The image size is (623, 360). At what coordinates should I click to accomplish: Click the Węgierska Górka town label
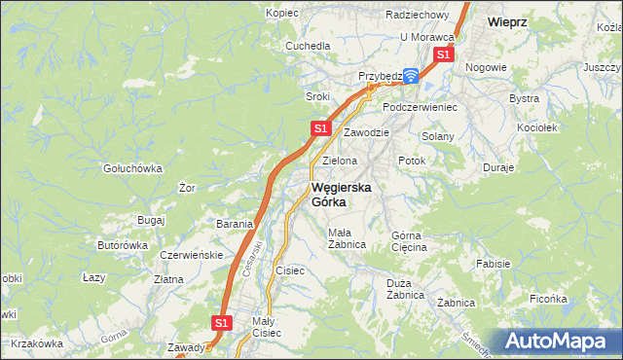pos(340,195)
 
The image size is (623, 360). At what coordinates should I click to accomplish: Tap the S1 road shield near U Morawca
pos(443,55)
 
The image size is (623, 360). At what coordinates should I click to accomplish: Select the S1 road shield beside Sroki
pos(320,128)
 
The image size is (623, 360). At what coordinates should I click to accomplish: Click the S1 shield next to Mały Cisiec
pos(222,322)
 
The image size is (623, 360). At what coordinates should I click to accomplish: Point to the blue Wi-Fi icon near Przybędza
pos(411,75)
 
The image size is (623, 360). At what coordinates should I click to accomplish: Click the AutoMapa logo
pos(561,341)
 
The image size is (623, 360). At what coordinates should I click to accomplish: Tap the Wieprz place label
pos(507,20)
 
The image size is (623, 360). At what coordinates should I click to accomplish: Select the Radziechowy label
pos(417,16)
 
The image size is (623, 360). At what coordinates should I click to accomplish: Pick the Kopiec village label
pos(282,14)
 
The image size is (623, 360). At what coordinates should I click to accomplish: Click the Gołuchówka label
pos(132,168)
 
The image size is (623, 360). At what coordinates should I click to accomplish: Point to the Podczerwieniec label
pos(420,107)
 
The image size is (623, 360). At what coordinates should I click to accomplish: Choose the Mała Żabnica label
pos(347,238)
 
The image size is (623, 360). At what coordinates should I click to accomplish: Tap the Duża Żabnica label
pos(403,289)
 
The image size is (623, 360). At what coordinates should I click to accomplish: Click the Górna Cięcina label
pos(409,241)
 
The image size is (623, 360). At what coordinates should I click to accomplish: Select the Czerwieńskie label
pos(191,255)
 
